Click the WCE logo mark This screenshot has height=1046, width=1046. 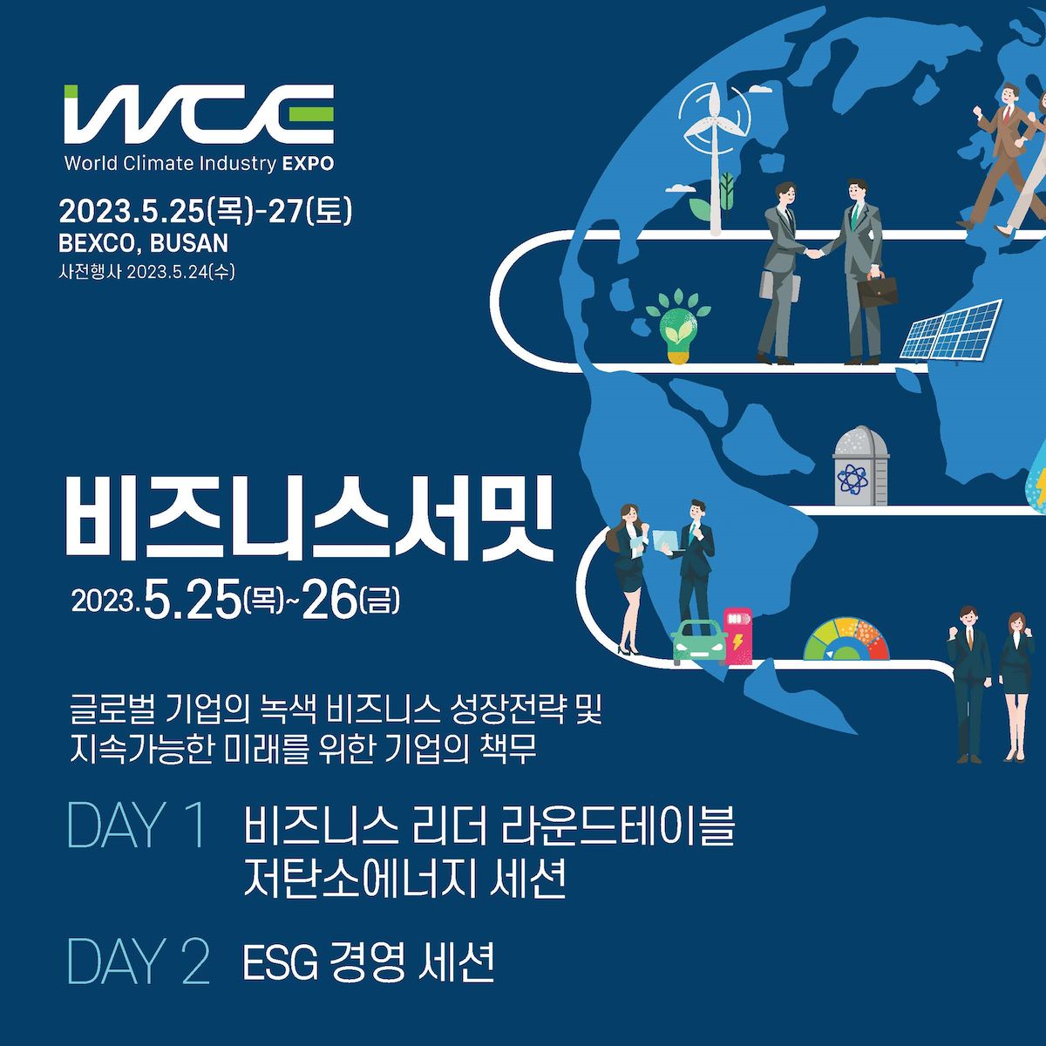pos(199,114)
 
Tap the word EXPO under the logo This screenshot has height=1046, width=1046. pos(308,164)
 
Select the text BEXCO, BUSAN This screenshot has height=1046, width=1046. pos(143,243)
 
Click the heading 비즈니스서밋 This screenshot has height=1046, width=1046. pos(309,519)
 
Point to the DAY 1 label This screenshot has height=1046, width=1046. pos(137,825)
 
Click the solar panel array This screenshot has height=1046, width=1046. pos(951,330)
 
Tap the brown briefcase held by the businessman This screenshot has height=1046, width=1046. pos(877,290)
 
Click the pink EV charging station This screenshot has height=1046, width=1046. pos(737,636)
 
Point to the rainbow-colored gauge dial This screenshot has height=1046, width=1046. pos(846,640)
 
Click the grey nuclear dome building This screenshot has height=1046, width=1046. pos(860,466)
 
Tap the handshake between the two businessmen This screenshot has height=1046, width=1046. pos(812,253)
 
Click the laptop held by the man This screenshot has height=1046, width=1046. pos(665,540)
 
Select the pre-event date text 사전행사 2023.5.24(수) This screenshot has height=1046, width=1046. pos(146,271)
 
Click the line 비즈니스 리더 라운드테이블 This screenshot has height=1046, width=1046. pos(489,825)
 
